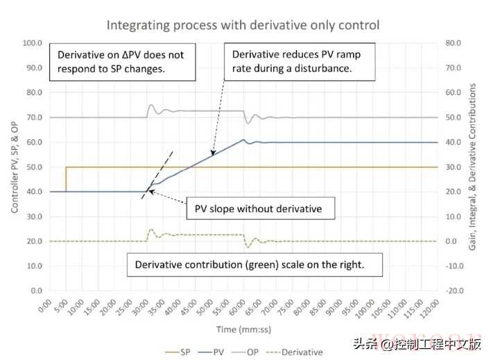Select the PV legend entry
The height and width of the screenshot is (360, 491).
tap(220, 352)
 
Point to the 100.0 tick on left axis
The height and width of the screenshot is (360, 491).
tap(33, 43)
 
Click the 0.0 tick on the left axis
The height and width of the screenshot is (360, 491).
tap(35, 291)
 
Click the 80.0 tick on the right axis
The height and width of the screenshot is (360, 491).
tap(454, 43)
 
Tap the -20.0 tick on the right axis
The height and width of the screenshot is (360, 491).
tap(455, 291)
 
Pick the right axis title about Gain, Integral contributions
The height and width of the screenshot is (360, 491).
tap(474, 167)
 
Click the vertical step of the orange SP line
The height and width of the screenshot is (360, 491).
tap(66, 179)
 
